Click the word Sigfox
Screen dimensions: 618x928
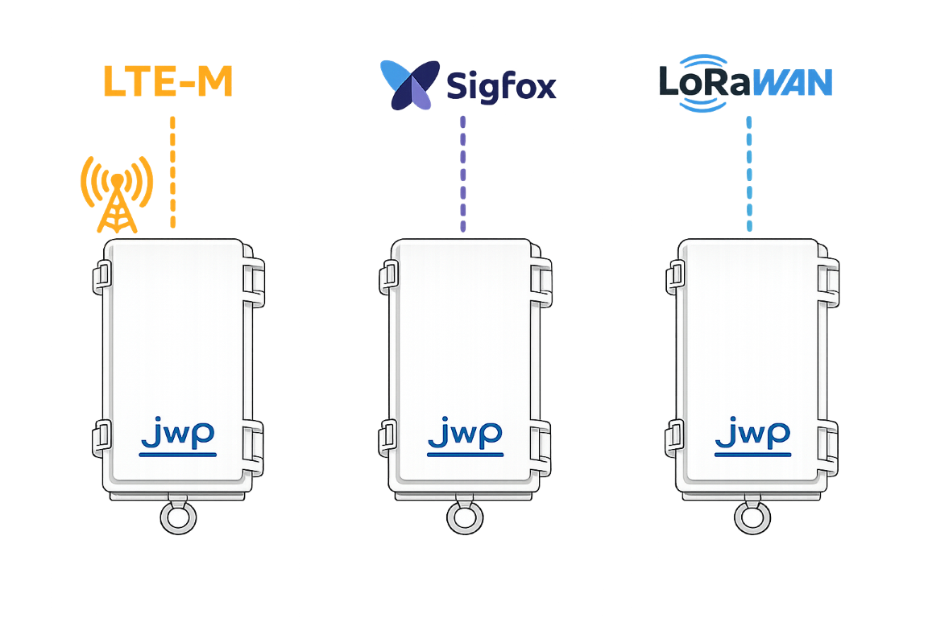[501, 85]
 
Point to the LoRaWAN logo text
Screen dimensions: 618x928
[744, 83]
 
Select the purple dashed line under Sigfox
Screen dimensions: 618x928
[463, 174]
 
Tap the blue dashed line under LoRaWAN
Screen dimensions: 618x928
[749, 174]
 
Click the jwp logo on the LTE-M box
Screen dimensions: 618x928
[177, 437]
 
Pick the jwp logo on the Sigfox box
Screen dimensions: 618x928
[464, 437]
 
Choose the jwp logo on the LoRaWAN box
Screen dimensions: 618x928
[752, 437]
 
